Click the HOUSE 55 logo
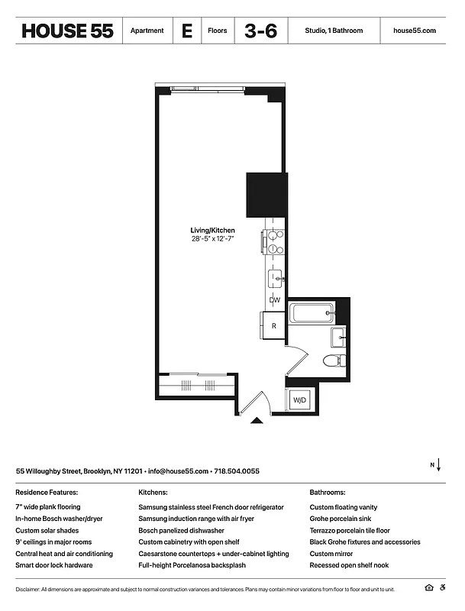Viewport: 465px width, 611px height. point(67,31)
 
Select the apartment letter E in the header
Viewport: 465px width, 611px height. point(186,31)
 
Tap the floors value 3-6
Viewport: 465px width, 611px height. point(260,31)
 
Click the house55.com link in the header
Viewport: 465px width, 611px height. point(414,31)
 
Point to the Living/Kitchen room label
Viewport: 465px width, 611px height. point(212,230)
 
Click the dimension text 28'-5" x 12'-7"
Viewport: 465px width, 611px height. point(212,239)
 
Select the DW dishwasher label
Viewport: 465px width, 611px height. point(274,300)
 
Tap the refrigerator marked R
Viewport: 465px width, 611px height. point(273,326)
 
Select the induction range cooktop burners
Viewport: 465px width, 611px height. point(275,242)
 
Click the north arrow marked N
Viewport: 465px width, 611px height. point(435,465)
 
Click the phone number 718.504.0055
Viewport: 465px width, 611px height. point(237,471)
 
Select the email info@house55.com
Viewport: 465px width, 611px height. point(178,471)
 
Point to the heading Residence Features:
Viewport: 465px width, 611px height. point(47,493)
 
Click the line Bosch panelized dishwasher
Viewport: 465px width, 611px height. point(181,530)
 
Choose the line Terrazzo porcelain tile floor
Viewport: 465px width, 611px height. point(350,530)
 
